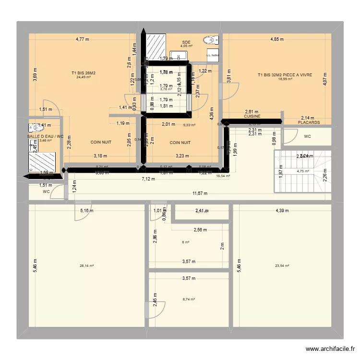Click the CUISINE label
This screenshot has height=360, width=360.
(252, 116)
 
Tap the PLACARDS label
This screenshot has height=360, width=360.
(309, 123)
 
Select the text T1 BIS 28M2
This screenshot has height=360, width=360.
(84, 73)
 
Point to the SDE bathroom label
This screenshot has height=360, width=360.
(186, 42)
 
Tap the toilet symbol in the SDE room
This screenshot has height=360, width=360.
(210, 40)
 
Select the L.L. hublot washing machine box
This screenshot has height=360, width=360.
(212, 55)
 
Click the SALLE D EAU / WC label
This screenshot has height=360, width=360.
(45, 136)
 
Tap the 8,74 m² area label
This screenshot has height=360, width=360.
(189, 299)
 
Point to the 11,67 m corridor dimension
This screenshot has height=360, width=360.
(200, 193)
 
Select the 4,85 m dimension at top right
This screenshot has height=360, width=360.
(276, 39)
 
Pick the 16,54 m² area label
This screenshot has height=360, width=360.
(223, 176)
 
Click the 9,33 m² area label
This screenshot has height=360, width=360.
(189, 125)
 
